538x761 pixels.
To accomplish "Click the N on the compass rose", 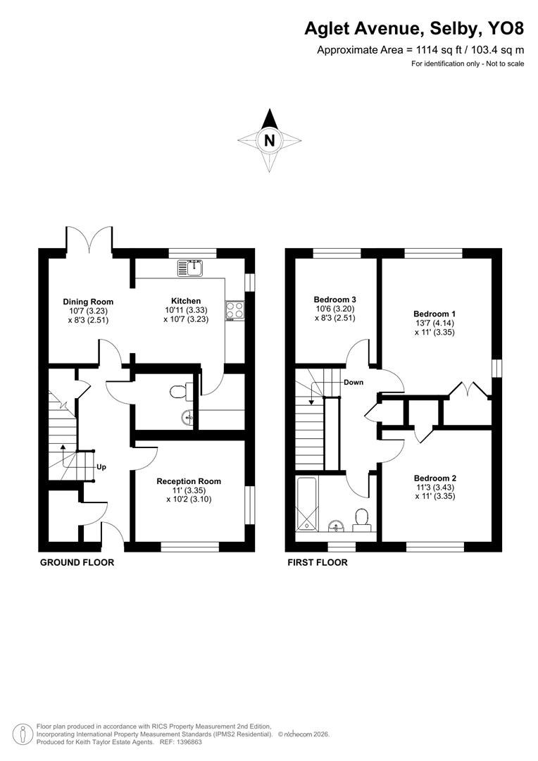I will (268, 140).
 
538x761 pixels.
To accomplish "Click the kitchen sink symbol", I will (190, 268).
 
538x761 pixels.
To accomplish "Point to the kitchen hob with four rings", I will (233, 310).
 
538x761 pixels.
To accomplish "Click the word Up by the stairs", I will (101, 467).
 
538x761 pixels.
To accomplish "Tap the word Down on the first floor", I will (353, 383).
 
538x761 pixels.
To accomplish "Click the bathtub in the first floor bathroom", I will (308, 505).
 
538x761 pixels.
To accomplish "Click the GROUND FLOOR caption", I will (77, 562).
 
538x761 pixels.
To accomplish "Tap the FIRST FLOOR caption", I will (317, 562).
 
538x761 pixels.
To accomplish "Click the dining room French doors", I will (89, 240).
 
